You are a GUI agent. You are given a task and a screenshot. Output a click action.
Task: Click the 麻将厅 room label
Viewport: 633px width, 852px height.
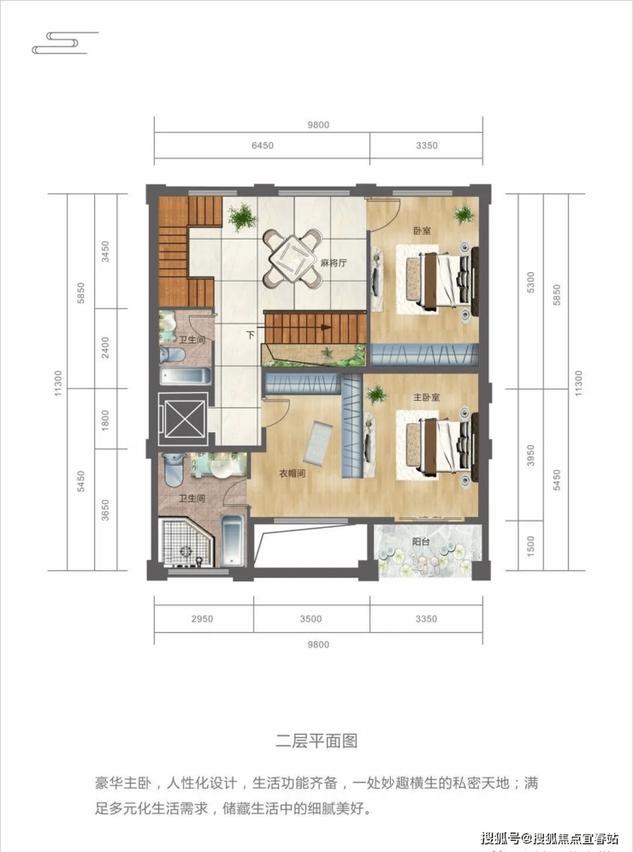click(x=334, y=264)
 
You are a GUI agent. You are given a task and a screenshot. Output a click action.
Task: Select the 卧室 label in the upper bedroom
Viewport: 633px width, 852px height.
click(x=422, y=230)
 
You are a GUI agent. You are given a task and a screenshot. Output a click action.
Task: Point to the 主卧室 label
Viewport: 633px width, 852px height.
click(x=426, y=398)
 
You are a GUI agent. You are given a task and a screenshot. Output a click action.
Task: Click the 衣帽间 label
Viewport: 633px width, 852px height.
click(x=292, y=474)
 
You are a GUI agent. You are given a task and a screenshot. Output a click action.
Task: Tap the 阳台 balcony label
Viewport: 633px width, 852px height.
click(x=421, y=541)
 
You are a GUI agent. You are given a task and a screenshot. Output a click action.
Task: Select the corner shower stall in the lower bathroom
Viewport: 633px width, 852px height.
click(x=186, y=542)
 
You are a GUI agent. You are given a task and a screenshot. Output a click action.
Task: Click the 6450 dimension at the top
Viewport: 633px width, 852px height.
click(x=263, y=146)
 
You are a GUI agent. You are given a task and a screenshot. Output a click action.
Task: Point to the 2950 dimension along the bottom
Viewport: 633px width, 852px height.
click(x=202, y=619)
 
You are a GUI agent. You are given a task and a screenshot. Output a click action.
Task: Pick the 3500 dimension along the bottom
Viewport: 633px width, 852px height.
click(x=311, y=619)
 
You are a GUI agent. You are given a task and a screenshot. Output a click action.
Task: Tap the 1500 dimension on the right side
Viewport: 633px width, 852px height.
click(x=531, y=545)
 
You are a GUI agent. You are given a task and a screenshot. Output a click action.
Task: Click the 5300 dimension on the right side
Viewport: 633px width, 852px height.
click(x=531, y=283)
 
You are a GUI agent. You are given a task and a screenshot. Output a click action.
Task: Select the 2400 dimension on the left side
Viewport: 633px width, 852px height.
click(x=105, y=348)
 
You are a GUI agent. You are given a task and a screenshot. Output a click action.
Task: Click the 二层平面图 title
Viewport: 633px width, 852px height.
click(x=316, y=742)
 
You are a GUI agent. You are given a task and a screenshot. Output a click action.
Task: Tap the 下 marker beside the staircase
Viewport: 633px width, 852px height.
click(x=251, y=335)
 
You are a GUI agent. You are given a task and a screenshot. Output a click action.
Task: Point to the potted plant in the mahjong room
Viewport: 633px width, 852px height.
click(x=242, y=217)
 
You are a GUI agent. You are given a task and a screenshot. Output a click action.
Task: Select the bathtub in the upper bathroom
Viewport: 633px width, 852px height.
click(x=185, y=376)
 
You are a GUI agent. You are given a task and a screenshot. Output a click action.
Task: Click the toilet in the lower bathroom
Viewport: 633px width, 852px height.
click(x=175, y=469)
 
